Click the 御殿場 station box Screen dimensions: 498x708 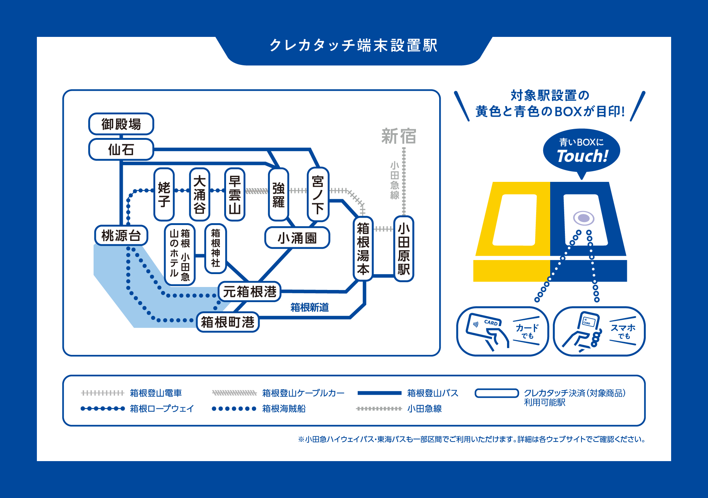tap(121, 124)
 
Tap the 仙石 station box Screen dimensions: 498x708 tap(121, 149)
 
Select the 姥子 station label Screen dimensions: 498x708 tap(164, 194)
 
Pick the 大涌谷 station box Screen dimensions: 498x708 tap(199, 194)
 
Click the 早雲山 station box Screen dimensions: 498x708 tap(235, 194)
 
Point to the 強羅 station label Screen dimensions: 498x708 tap(278, 194)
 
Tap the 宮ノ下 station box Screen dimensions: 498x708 tap(318, 194)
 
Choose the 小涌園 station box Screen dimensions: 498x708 tap(297, 238)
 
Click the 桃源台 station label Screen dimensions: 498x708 tap(121, 235)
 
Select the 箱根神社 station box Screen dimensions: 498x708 tap(216, 248)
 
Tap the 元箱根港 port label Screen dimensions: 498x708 tap(250, 291)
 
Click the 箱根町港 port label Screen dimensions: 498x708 tap(228, 322)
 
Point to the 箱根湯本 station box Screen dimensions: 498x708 tap(363, 249)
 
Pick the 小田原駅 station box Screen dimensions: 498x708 tap(404, 249)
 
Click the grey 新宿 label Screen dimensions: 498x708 tap(399, 136)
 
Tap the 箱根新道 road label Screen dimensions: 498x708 tap(309, 307)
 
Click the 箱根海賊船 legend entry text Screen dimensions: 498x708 tap(284, 409)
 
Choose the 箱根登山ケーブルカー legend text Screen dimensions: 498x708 tap(303, 393)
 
